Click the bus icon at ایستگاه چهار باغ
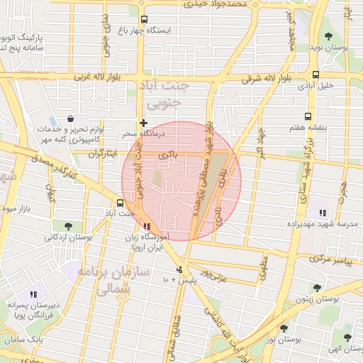tap(145, 20)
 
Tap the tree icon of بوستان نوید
tap(328, 35)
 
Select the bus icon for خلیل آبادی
tap(315, 74)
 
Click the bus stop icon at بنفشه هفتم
tap(308, 116)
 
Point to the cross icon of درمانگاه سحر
tap(144, 123)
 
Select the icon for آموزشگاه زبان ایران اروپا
tap(147, 226)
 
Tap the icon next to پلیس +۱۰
tap(180, 270)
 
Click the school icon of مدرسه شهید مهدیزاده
tap(323, 213)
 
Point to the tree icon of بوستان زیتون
tap(317, 289)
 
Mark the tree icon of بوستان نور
tap(284, 328)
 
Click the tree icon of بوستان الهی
tap(346, 337)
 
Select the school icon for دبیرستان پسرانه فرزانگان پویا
tap(33, 294)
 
